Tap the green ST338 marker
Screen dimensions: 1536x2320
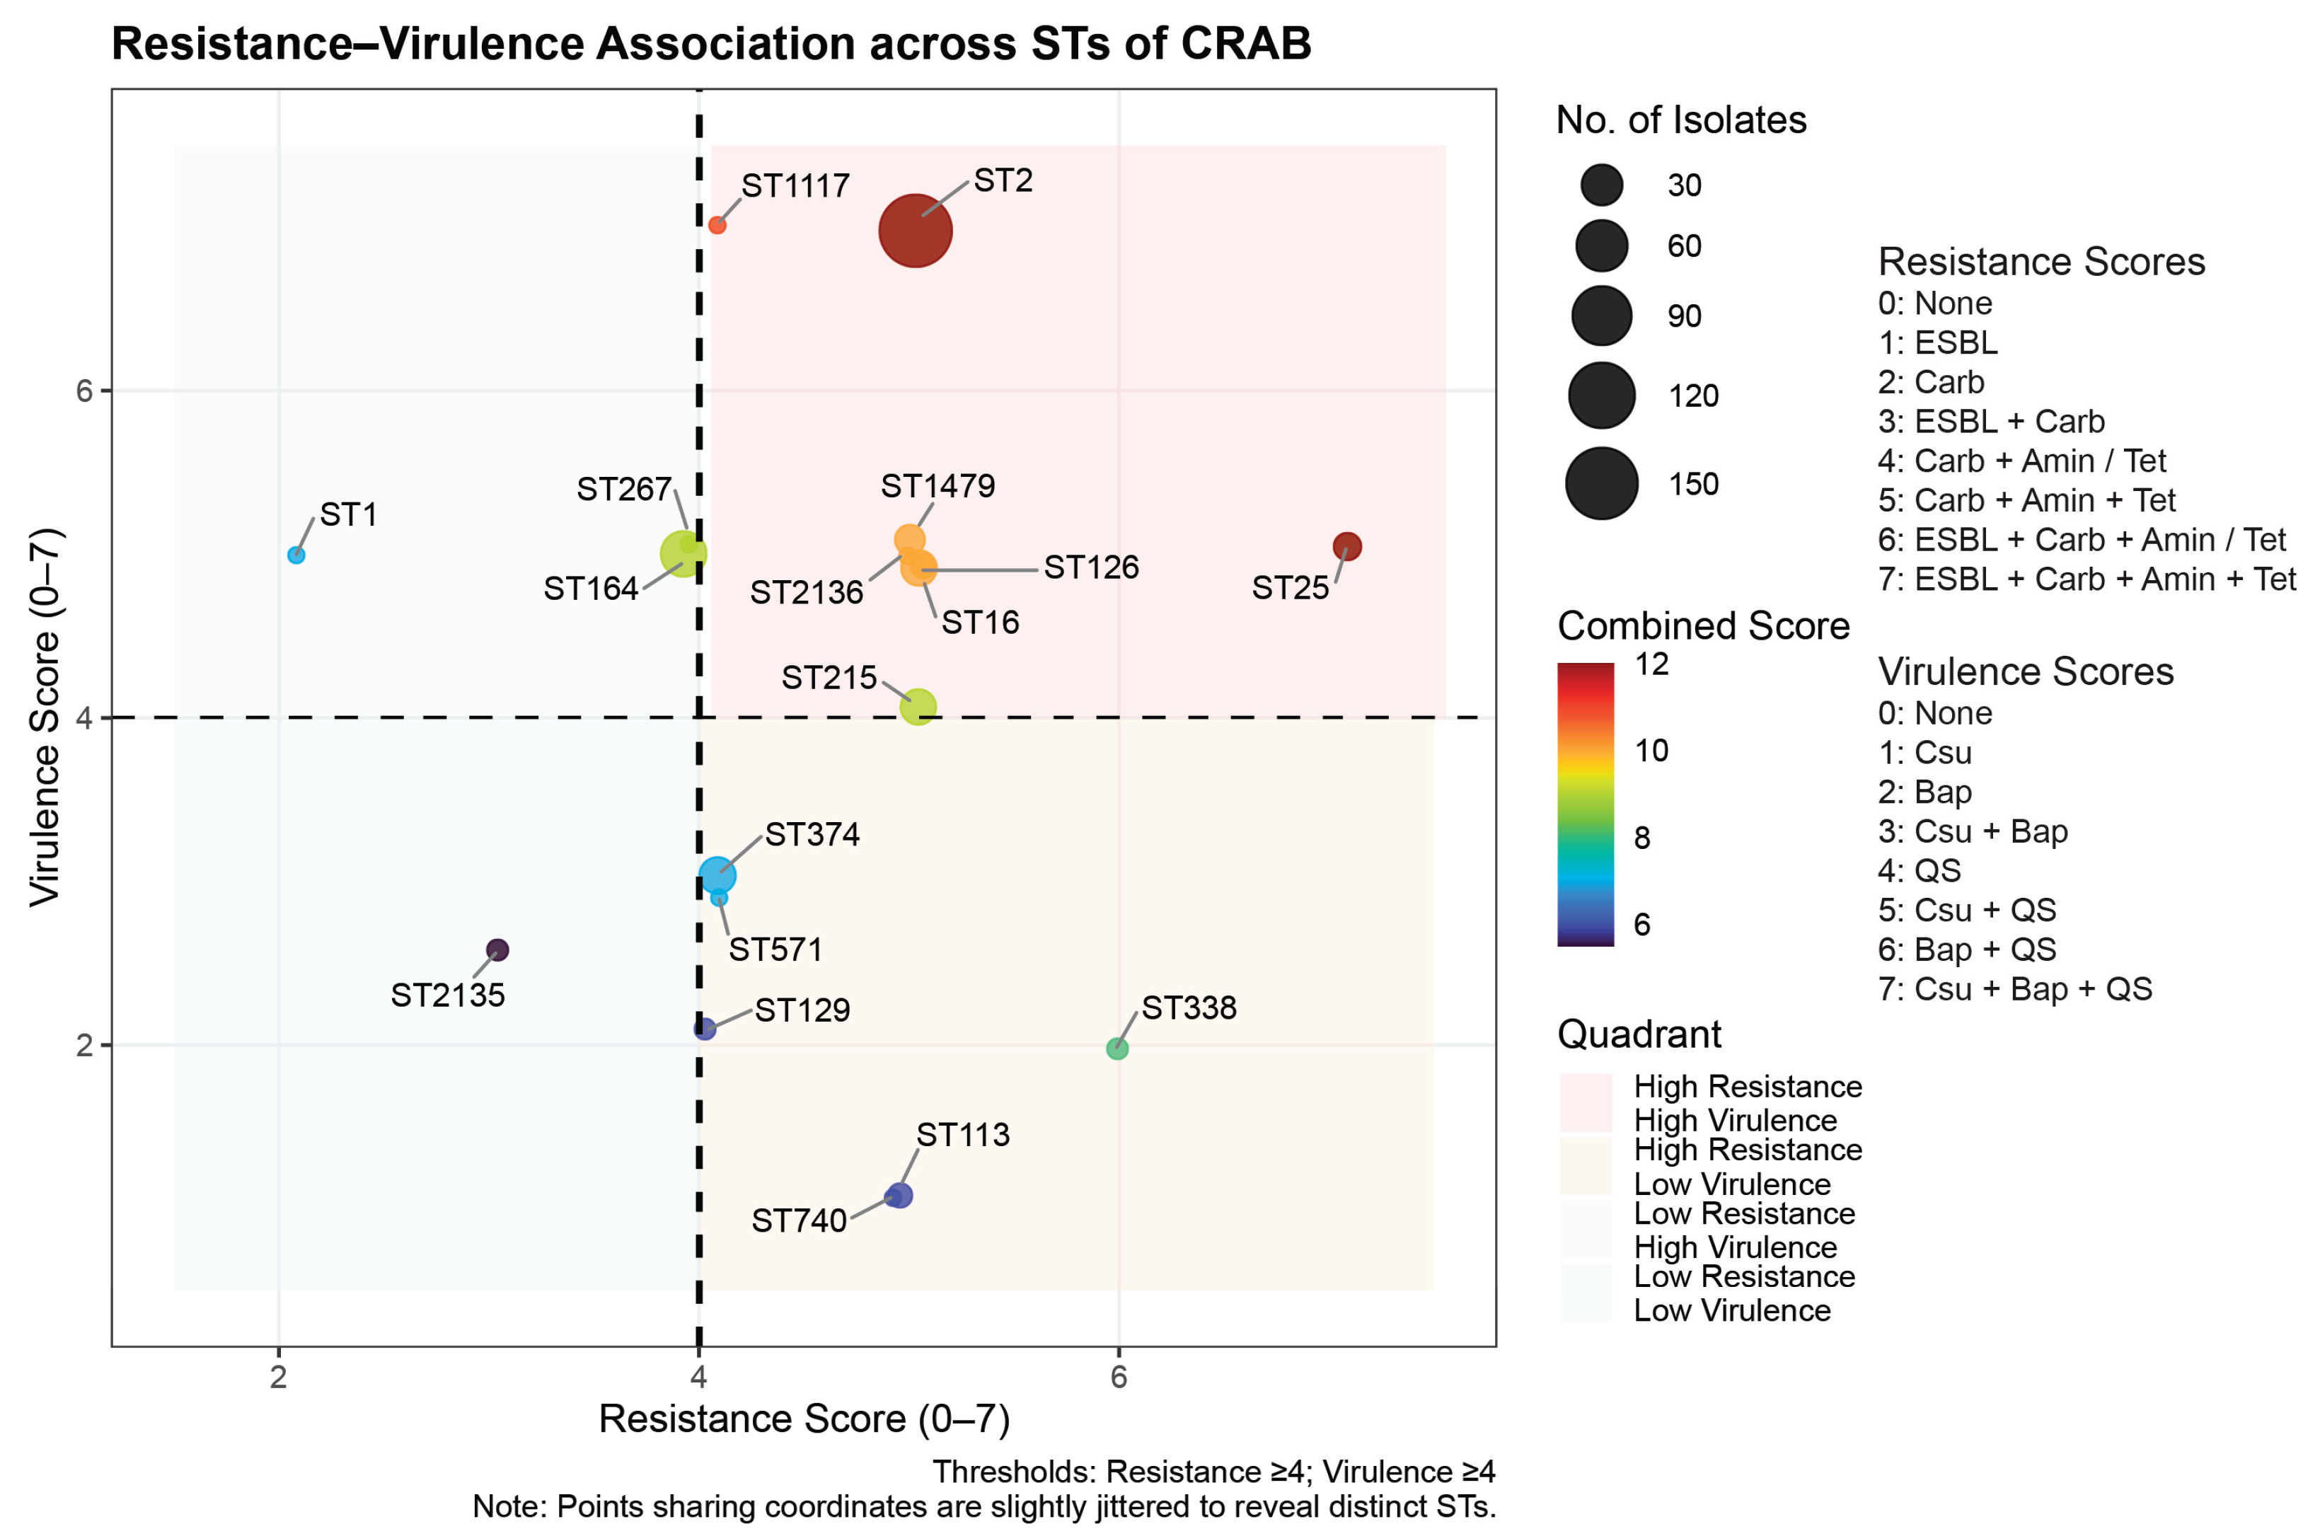tap(1116, 1048)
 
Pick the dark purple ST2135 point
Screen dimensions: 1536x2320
tap(497, 949)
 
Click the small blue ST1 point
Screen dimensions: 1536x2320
tap(296, 555)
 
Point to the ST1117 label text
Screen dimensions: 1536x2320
tap(795, 185)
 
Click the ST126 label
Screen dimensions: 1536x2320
tap(1090, 567)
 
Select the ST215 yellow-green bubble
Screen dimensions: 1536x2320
tap(918, 705)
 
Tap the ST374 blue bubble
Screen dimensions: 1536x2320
tap(717, 874)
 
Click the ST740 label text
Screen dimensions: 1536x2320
tap(798, 1220)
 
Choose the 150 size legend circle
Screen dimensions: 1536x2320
tap(1601, 483)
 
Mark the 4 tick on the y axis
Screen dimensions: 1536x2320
tap(84, 718)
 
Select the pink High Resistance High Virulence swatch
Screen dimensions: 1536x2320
tap(1586, 1102)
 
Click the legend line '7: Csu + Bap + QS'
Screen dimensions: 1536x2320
tap(2014, 988)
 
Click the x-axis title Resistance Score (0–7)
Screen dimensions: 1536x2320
tap(803, 1419)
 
